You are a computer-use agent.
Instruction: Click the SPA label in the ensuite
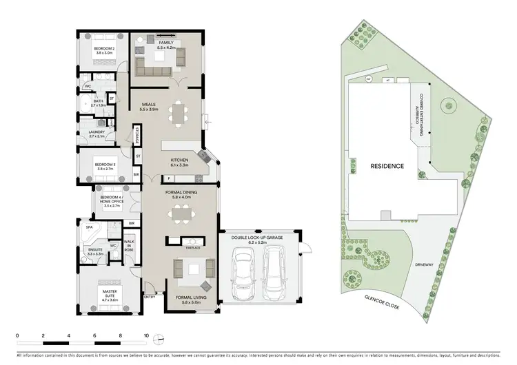pos(89,226)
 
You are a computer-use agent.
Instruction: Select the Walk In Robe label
pos(128,244)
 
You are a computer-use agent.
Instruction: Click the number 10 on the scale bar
pos(146,335)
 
